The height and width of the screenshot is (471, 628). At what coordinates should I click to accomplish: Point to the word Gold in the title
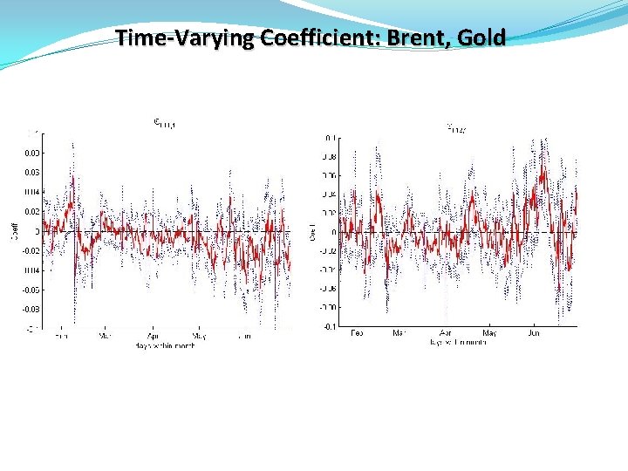coord(483,38)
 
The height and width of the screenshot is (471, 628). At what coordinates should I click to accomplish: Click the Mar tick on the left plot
coord(106,335)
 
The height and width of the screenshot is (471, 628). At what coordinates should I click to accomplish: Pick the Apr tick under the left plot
coord(154,335)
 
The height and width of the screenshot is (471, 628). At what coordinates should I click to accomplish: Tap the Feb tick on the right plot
coord(357,332)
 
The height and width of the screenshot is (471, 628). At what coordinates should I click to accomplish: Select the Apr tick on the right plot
coord(446,332)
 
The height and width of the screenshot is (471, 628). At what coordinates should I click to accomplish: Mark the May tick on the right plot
coord(490,332)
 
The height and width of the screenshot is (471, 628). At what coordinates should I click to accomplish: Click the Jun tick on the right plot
coord(535,332)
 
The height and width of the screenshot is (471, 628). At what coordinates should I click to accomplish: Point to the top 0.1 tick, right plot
coord(330,138)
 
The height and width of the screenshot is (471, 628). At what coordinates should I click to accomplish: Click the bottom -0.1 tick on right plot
coord(328,326)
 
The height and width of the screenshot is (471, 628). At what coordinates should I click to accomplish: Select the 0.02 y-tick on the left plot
coord(30,211)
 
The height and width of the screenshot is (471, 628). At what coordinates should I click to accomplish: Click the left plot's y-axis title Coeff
coord(14,231)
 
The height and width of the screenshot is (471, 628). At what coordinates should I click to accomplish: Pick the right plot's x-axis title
coord(457,342)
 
